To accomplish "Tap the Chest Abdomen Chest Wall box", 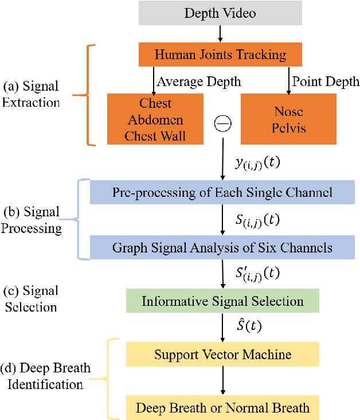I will point(155,119).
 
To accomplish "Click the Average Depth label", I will point(199,82).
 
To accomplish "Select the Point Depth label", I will point(325,82).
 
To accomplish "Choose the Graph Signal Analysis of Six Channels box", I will point(222,248).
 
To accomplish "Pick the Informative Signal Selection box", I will point(222,301).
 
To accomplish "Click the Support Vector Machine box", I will point(222,355).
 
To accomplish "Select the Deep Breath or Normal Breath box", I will point(222,408).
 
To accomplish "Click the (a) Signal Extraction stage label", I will point(32,95).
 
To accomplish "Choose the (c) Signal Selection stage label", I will point(32,299).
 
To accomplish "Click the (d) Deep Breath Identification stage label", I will point(46,376).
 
